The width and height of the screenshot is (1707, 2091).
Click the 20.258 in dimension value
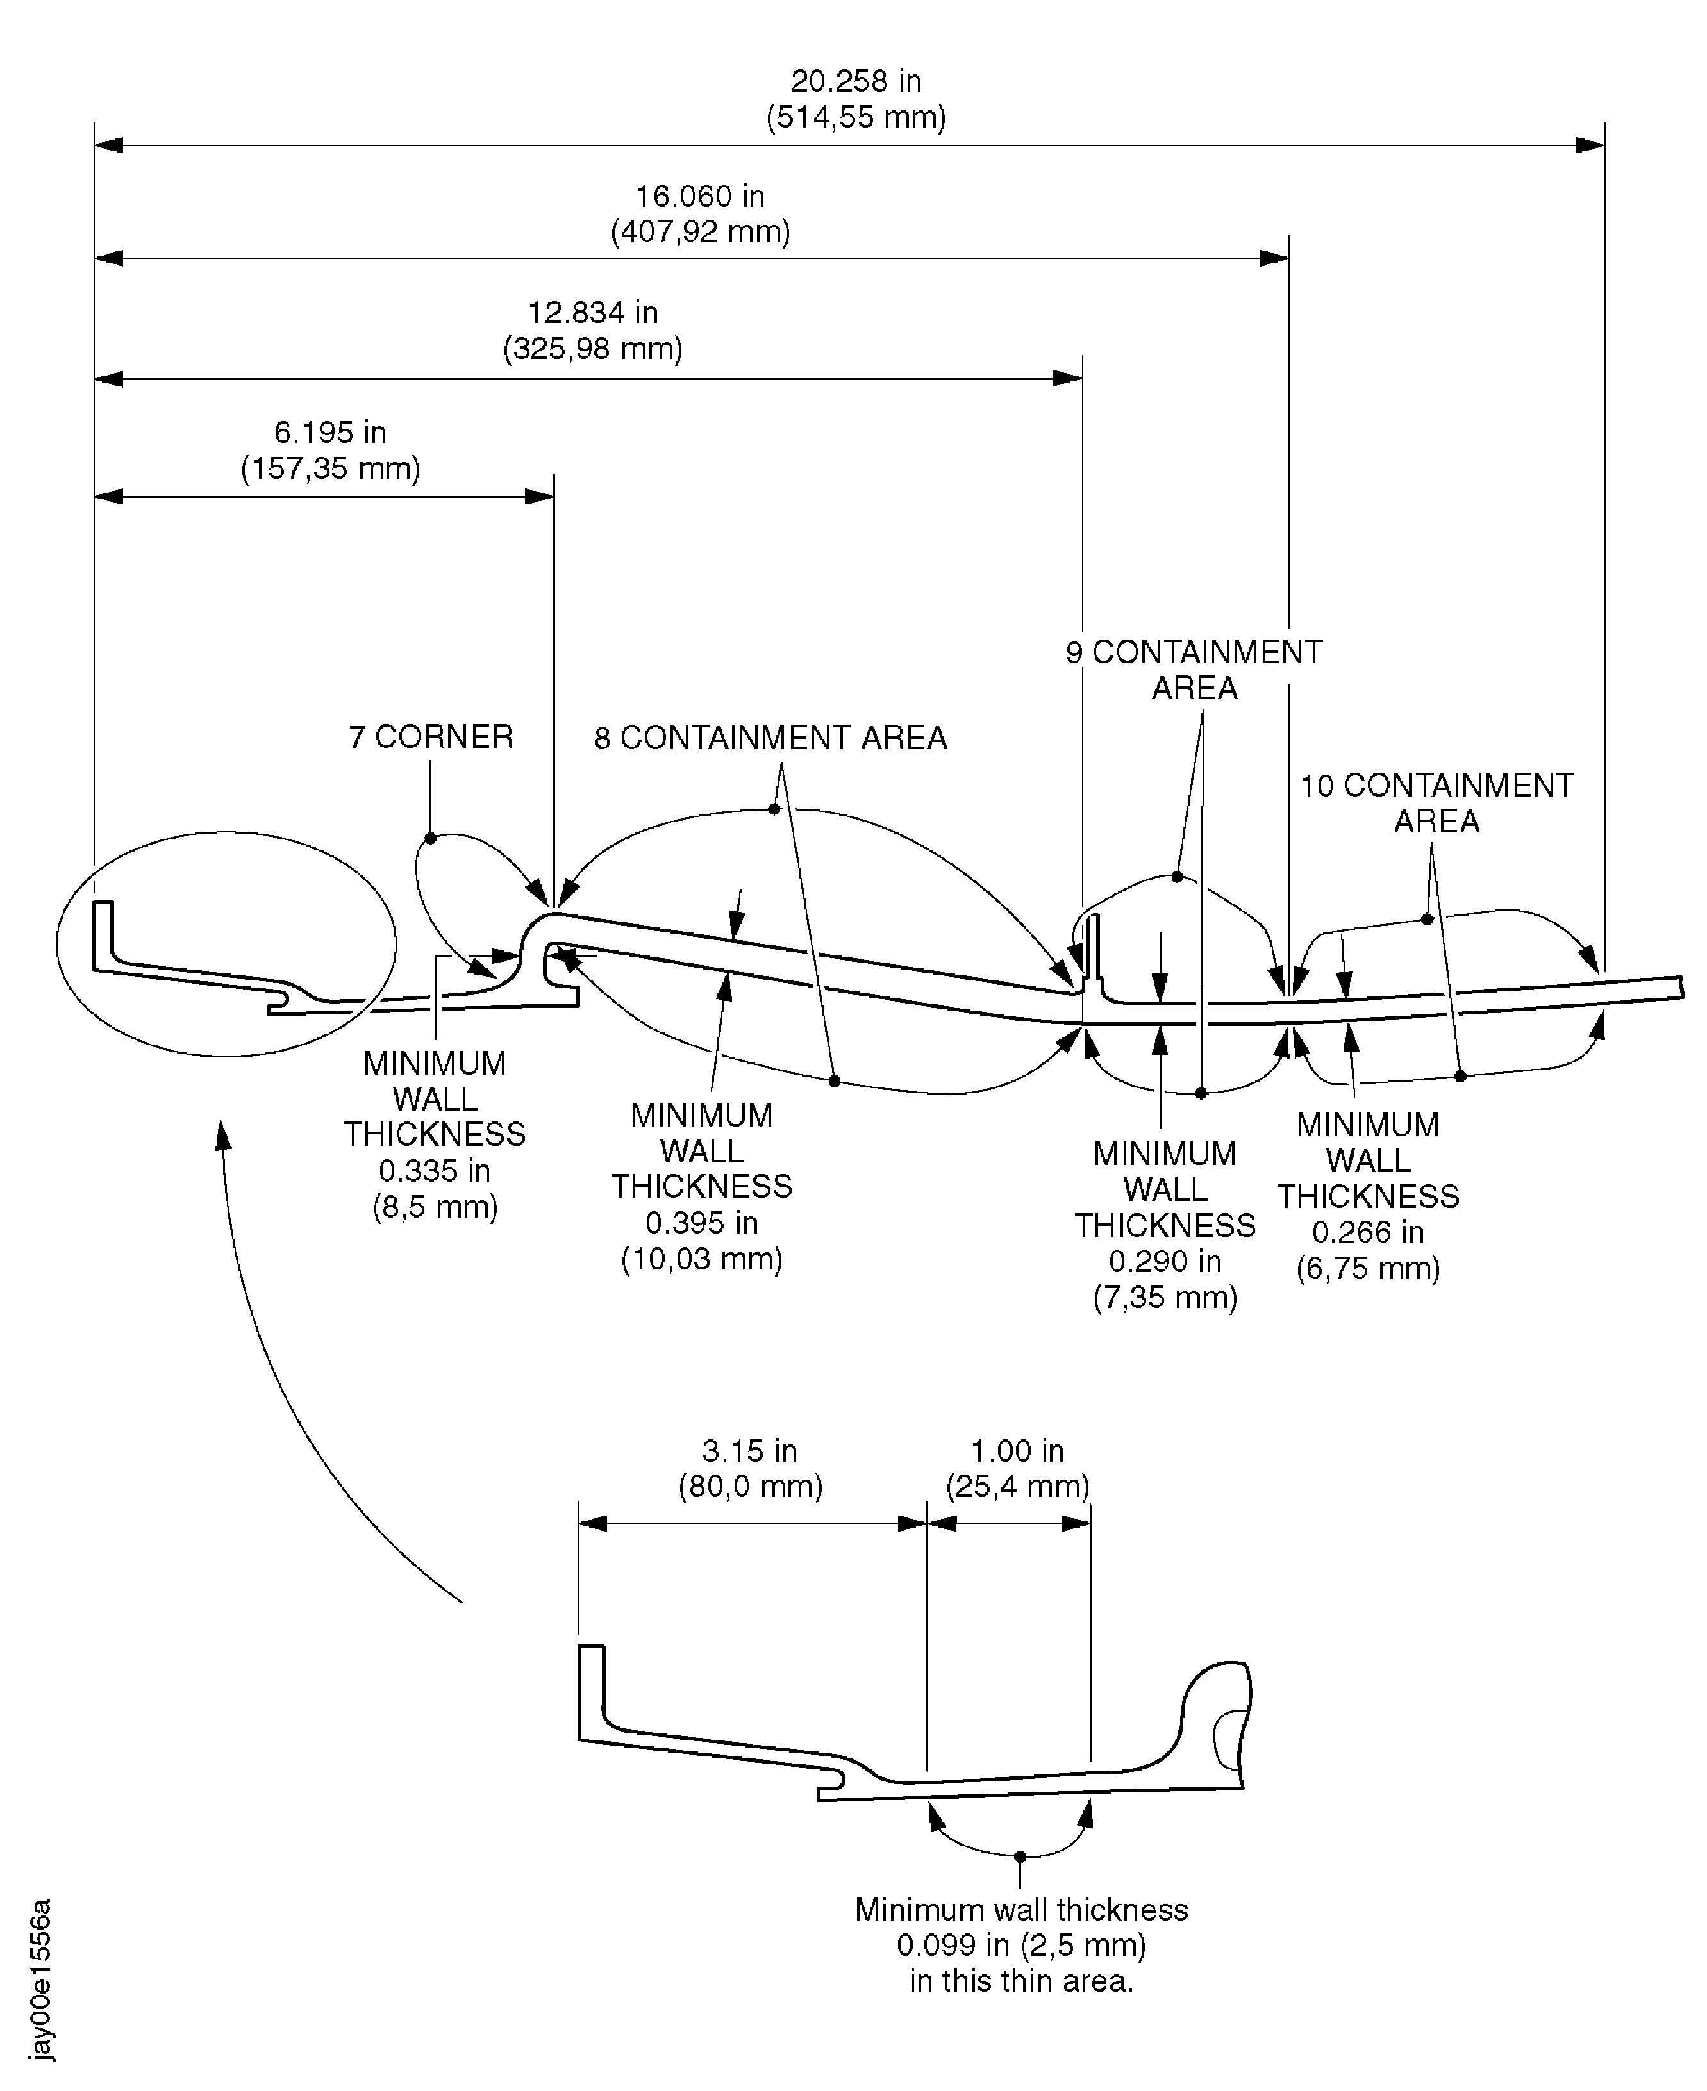[x=856, y=81]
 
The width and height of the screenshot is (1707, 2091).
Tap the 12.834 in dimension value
[x=593, y=313]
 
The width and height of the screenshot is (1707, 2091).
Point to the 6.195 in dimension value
[x=330, y=433]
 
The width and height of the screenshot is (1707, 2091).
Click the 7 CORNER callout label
[x=431, y=738]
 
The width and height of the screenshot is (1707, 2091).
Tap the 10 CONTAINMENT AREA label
[x=1436, y=803]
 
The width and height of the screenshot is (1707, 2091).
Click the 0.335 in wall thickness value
[x=435, y=1171]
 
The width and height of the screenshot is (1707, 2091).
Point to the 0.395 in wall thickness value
[x=702, y=1223]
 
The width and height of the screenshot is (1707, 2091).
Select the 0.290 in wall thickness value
[x=1165, y=1261]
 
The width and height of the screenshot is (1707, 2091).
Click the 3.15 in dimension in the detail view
[x=750, y=1451]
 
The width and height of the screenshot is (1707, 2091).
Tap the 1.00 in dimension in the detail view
[x=1018, y=1451]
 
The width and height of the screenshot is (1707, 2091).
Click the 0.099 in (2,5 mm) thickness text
[x=1020, y=1944]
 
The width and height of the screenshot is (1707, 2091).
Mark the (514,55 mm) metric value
[x=856, y=118]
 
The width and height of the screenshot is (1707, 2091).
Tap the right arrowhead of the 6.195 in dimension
[x=540, y=497]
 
